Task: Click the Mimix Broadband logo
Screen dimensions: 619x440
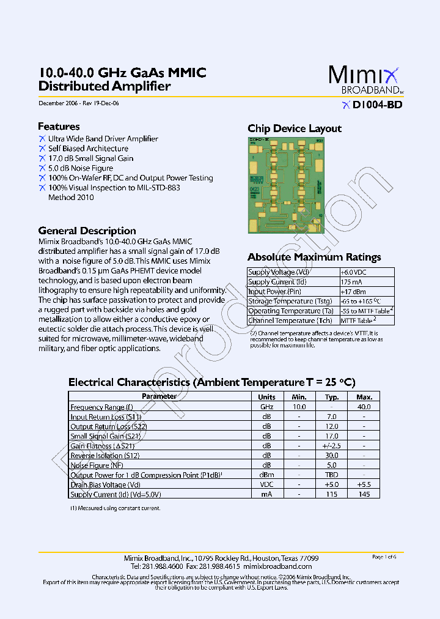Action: [x=365, y=80]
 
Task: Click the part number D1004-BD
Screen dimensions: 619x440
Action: [x=376, y=105]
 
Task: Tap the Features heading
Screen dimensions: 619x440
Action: [x=59, y=127]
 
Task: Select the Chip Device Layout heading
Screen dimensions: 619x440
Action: [x=294, y=128]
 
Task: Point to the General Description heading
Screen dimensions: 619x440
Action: [x=87, y=231]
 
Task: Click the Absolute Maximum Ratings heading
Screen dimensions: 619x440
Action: [x=314, y=258]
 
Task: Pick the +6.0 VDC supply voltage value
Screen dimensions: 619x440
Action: [x=354, y=272]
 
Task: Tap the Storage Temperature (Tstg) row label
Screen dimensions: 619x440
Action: [x=290, y=302]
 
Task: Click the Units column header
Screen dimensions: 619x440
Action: [x=266, y=396]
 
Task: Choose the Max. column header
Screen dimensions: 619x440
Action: [x=364, y=396]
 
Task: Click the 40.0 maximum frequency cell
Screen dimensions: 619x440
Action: [x=364, y=407]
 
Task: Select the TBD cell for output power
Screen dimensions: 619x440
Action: [x=331, y=475]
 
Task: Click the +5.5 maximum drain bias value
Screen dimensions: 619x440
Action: [x=364, y=485]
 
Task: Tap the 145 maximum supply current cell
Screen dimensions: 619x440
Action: [x=364, y=494]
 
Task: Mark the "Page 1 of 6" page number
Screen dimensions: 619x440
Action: [x=384, y=557]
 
